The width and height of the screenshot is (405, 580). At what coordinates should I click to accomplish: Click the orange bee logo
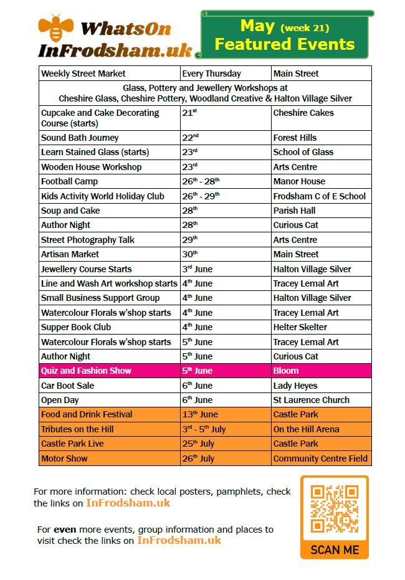[x=55, y=27]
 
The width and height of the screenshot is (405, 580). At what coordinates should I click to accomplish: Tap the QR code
[x=335, y=508]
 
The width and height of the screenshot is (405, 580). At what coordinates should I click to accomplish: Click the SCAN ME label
[x=335, y=550]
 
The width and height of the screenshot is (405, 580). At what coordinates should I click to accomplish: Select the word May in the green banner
[x=257, y=26]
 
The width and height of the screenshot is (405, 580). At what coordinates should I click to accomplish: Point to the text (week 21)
[x=305, y=28]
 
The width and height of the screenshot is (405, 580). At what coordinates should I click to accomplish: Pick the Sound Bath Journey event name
[x=80, y=138]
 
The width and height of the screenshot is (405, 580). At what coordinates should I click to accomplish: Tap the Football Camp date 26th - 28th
[x=201, y=181]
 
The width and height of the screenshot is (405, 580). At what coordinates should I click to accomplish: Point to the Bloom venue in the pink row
[x=286, y=371]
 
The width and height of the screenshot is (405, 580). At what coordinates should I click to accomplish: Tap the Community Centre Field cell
[x=320, y=459]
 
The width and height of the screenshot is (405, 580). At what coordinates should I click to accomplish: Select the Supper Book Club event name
[x=76, y=327]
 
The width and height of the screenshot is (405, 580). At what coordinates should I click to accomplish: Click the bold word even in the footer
[x=65, y=530]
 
